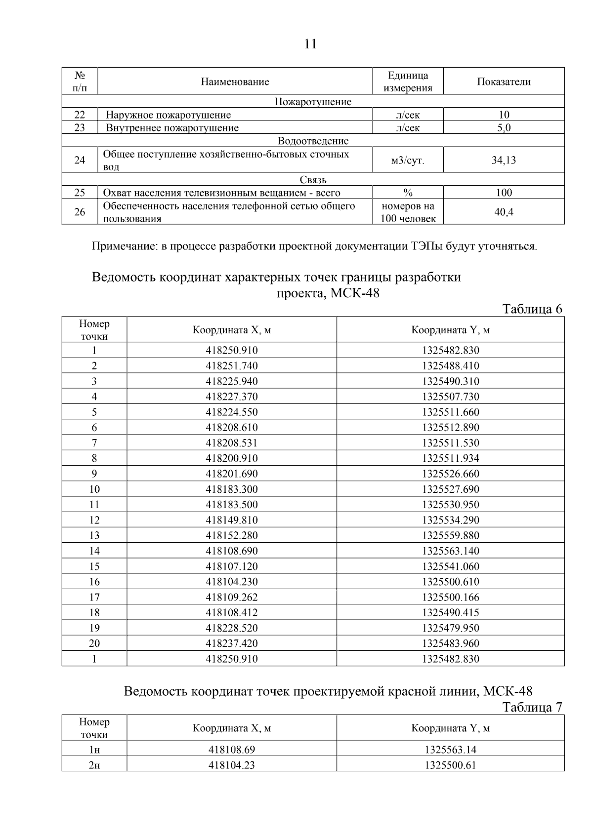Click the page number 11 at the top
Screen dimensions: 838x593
[x=310, y=44]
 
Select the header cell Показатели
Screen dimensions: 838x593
[x=504, y=82]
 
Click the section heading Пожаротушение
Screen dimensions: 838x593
[x=313, y=102]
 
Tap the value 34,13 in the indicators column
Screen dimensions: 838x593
[x=504, y=160]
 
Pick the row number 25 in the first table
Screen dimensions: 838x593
[x=80, y=193]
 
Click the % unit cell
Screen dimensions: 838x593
[x=408, y=193]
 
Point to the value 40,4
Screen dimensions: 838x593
[x=504, y=212]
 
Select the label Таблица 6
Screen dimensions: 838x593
[x=532, y=309]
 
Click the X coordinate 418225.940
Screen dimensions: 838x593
[x=232, y=381]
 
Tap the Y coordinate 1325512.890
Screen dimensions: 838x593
[x=450, y=428]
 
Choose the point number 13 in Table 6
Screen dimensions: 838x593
[x=94, y=535]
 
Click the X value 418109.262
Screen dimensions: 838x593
[x=232, y=597]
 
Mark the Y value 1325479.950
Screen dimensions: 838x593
[x=450, y=628]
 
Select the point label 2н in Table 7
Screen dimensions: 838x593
[x=94, y=765]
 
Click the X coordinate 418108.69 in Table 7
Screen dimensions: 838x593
[x=232, y=750]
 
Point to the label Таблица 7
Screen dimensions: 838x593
[x=532, y=708]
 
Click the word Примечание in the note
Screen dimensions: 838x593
[x=124, y=246]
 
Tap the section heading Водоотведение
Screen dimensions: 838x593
[x=313, y=141]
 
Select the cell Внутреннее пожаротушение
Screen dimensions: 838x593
[x=172, y=128]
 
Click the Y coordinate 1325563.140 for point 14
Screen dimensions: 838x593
[x=450, y=551]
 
